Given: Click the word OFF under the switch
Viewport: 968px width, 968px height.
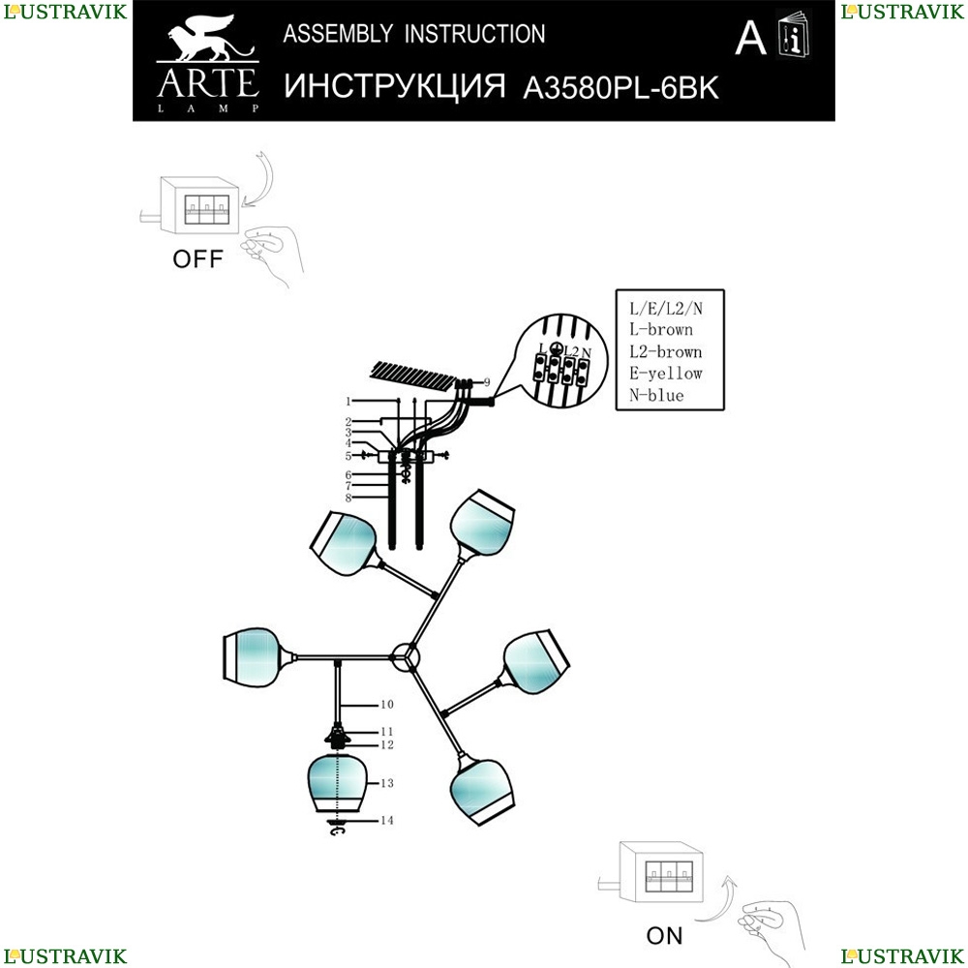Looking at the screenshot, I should (x=197, y=258).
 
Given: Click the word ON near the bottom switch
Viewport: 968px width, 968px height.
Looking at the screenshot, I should (x=664, y=935).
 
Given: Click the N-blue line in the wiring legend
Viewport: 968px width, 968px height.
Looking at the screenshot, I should (x=655, y=396).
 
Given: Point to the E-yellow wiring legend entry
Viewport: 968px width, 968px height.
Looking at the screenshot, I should (x=664, y=374).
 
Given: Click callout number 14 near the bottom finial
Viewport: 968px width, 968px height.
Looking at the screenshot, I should (x=386, y=820).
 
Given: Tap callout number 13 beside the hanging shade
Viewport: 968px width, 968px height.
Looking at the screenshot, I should (x=387, y=782).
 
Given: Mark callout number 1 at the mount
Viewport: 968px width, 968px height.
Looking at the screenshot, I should (x=346, y=400).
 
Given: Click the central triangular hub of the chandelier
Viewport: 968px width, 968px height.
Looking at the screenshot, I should (x=406, y=656).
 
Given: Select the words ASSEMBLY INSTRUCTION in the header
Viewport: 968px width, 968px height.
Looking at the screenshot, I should (x=413, y=35).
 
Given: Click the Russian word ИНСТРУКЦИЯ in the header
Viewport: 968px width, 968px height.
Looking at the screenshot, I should (x=397, y=87).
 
